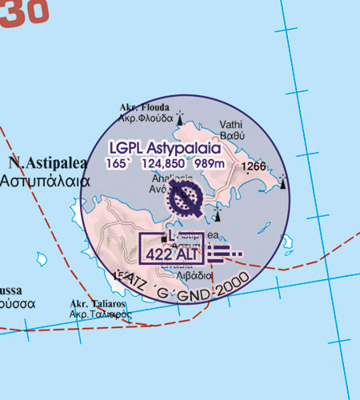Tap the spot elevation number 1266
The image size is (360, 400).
click(255, 166)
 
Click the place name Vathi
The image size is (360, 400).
click(233, 124)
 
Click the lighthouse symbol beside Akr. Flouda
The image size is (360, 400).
click(180, 114)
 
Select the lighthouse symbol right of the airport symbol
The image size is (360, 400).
click(218, 212)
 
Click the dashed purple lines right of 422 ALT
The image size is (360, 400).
click(225, 254)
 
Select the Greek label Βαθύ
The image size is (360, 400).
click(233, 137)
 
